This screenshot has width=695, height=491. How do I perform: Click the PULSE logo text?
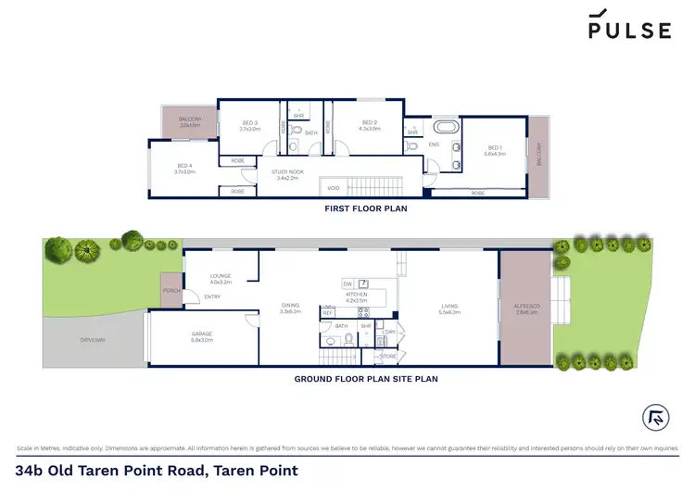point(630,31)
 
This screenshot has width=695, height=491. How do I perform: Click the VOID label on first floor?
point(334,188)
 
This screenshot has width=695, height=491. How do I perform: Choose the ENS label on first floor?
point(435,145)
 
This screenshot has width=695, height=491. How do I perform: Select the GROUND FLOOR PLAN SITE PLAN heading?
point(366,379)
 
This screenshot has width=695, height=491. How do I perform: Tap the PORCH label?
point(171,290)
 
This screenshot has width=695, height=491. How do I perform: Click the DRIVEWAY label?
point(92,340)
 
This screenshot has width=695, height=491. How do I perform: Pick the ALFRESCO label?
point(526,307)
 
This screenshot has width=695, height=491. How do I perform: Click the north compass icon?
point(653,416)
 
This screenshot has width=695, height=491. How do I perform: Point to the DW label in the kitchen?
point(347,283)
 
